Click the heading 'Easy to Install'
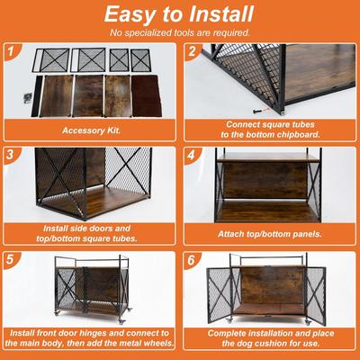[179, 15]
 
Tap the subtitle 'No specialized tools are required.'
[179, 33]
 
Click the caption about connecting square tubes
[270, 128]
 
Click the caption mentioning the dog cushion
[270, 338]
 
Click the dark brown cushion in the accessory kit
[148, 94]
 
